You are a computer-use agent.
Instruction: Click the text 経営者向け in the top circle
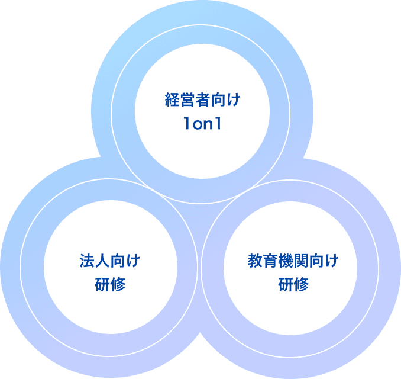(x=202, y=99)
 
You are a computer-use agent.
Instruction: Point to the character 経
(x=172, y=99)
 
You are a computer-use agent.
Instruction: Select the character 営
(x=187, y=99)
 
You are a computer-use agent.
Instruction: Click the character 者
(x=202, y=99)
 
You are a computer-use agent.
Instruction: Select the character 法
(x=87, y=260)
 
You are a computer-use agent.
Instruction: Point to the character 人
(x=102, y=260)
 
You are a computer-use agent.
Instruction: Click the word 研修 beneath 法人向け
(x=110, y=285)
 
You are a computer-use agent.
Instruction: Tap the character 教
(x=255, y=260)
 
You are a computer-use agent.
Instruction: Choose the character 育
(x=270, y=260)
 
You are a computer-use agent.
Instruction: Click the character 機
(x=286, y=260)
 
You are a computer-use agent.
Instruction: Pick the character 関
(x=301, y=260)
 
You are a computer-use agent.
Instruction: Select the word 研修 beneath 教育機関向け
(x=293, y=285)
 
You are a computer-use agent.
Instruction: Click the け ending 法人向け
(x=133, y=260)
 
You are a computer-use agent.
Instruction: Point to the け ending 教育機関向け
(x=332, y=260)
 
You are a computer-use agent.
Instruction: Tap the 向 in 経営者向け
(x=218, y=99)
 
